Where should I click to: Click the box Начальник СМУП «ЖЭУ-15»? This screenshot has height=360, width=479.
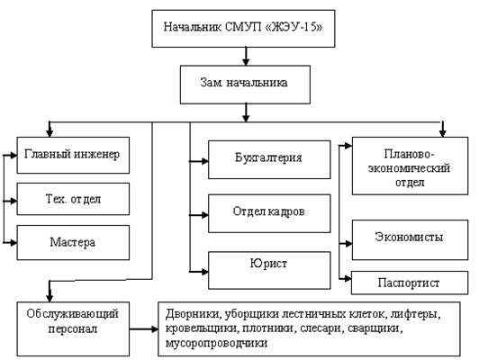pos(243,29)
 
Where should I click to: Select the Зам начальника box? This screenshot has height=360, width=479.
pos(245,85)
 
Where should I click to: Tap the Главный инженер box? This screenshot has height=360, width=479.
pos(73,155)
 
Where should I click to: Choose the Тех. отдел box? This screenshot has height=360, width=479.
pos(73,199)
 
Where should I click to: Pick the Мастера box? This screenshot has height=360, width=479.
pos(73,243)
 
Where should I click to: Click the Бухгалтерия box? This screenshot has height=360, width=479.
pos(269,159)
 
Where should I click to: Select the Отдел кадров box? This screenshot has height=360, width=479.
pos(269,213)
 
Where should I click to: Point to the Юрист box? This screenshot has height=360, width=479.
pos(269,270)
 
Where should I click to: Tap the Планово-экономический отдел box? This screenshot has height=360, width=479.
pos(410,166)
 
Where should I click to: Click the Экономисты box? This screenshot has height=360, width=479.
pos(410,240)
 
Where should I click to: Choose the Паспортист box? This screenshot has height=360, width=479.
pos(410,283)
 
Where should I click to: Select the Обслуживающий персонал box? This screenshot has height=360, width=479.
pos(73,329)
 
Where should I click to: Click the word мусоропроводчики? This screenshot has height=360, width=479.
pos(216,343)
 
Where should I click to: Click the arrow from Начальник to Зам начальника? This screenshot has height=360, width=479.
pos(246,56)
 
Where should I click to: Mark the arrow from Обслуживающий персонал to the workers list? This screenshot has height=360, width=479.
pos(143,329)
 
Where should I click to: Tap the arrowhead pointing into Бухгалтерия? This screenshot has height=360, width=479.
pos(204,161)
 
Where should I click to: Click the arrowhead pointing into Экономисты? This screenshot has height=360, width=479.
pos(348,244)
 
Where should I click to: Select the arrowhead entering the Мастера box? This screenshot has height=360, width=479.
pos(14,243)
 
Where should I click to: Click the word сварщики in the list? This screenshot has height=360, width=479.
pos(375,328)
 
